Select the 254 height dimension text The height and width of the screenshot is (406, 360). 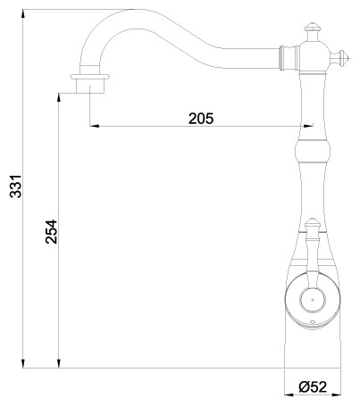[x=51, y=235]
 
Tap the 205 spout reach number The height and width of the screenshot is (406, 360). [x=201, y=118]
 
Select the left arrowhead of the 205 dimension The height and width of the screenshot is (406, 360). [x=94, y=126]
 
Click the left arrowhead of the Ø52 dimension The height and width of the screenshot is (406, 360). [x=288, y=395]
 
